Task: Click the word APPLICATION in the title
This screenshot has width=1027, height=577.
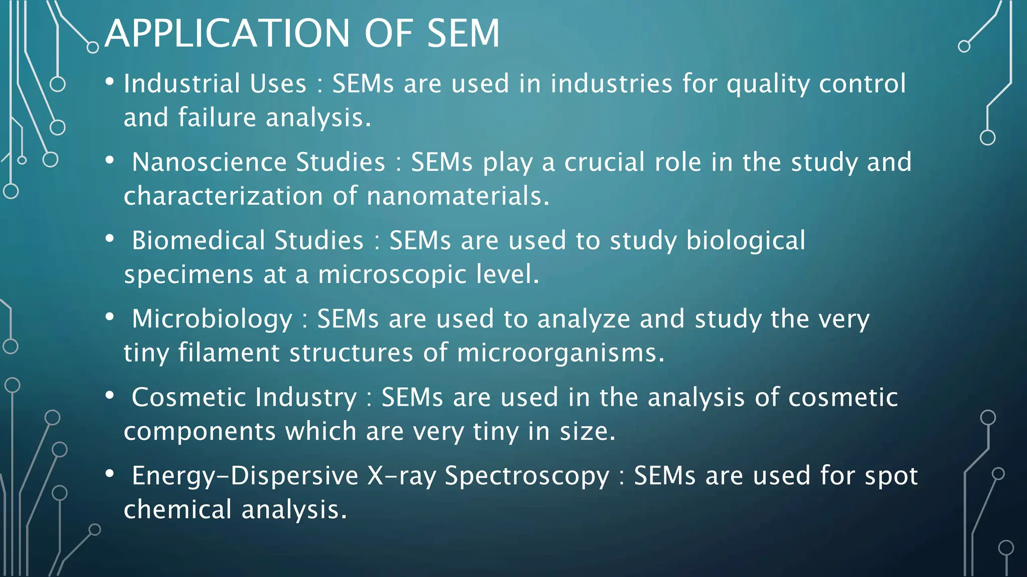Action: [x=227, y=34]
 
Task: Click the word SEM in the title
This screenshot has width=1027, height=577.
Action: [x=463, y=34]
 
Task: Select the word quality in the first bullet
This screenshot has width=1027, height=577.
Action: [x=768, y=84]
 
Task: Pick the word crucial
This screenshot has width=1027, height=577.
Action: [x=604, y=162]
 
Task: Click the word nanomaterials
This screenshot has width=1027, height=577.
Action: [x=458, y=195]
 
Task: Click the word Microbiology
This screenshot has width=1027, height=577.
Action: [x=212, y=319]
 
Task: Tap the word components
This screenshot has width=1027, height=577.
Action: [x=200, y=431]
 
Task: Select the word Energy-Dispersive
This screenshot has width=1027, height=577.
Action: [x=245, y=475]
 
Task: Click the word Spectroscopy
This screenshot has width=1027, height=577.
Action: [x=527, y=476]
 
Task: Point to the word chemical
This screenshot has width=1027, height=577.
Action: [x=178, y=509]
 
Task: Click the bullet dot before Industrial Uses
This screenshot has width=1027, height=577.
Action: [x=110, y=82]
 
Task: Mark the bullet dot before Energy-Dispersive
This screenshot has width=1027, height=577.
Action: [x=110, y=474]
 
